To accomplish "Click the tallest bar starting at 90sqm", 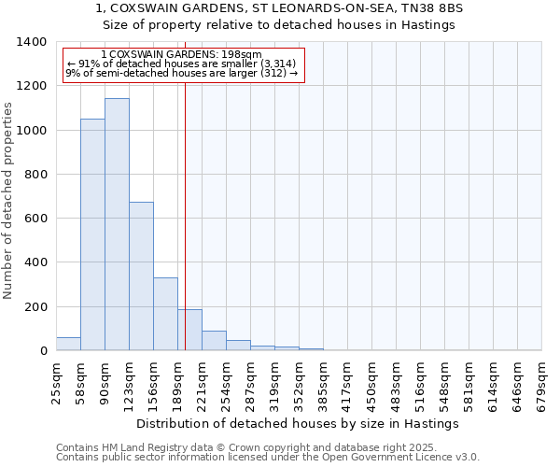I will tap(117, 224).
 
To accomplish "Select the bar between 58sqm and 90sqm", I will tap(92, 234).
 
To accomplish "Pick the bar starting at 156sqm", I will tap(165, 314).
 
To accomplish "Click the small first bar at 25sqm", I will tap(68, 344).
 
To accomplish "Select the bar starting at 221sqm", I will tap(214, 341).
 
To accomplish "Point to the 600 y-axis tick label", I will tap(35, 219).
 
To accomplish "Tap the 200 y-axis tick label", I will tap(35, 307).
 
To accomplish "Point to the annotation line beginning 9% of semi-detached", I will tap(182, 73).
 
